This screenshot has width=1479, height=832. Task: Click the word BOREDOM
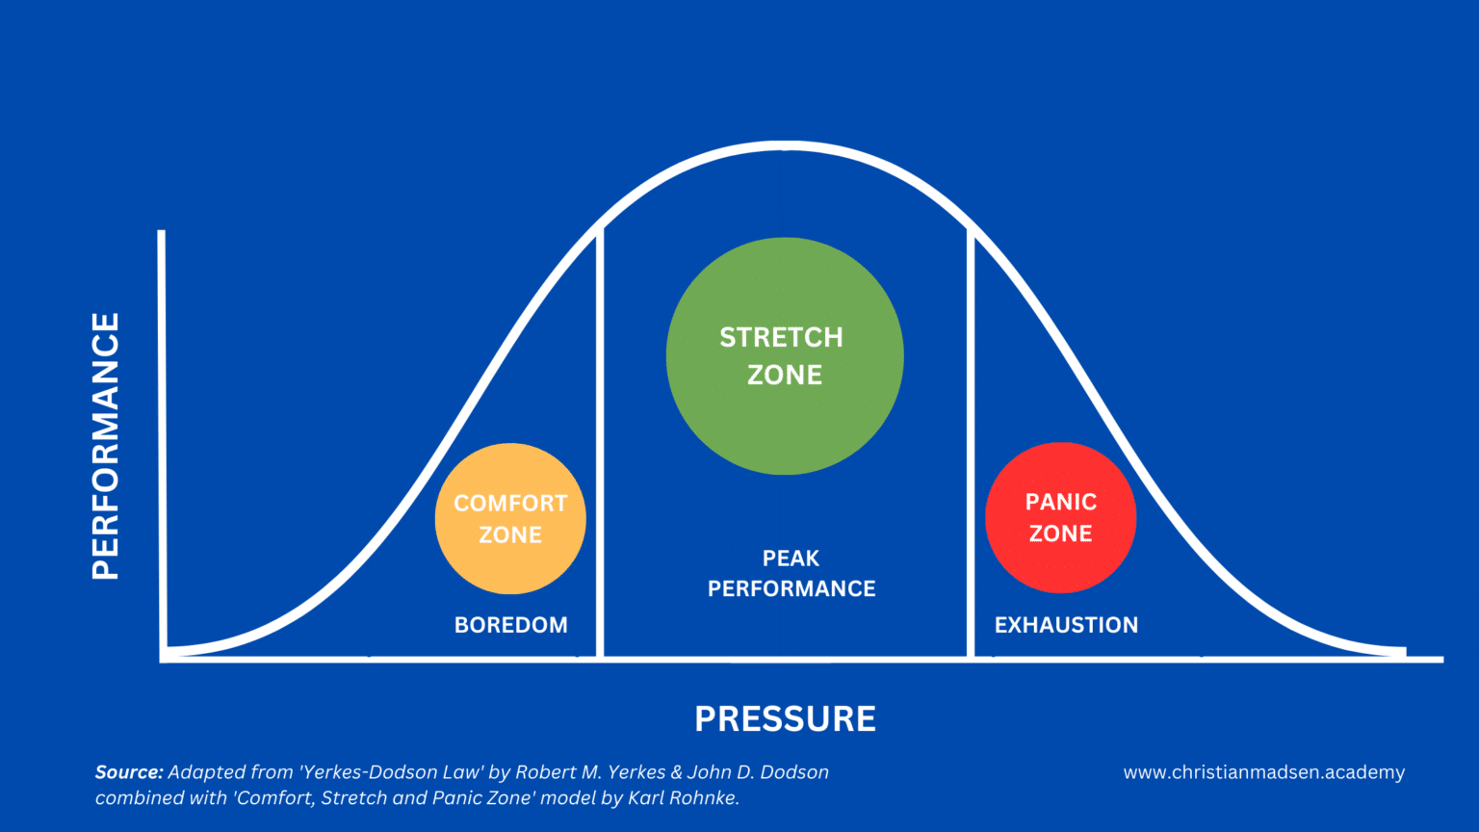pyautogui.click(x=510, y=625)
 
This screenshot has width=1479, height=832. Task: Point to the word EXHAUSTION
pyautogui.click(x=1066, y=625)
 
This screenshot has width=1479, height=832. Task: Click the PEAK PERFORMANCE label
pyautogui.click(x=791, y=574)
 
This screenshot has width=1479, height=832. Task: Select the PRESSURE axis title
pyautogui.click(x=785, y=719)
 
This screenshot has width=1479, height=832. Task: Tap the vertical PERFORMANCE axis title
pyautogui.click(x=106, y=446)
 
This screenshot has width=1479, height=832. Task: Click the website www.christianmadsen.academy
pyautogui.click(x=1263, y=772)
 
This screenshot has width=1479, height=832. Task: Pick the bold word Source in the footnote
pyautogui.click(x=129, y=772)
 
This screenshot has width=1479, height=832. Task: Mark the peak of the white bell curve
pyautogui.click(x=785, y=146)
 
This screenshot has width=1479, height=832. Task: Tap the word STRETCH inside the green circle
pyautogui.click(x=781, y=338)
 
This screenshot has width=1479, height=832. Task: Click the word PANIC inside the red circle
pyautogui.click(x=1060, y=502)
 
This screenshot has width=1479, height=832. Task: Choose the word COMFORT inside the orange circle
pyautogui.click(x=510, y=504)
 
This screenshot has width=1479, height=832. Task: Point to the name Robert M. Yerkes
pyautogui.click(x=591, y=772)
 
